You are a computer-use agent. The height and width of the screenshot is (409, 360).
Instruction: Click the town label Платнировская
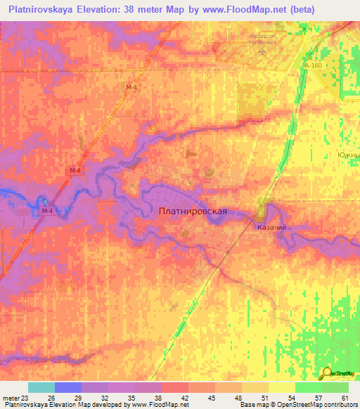[192, 210]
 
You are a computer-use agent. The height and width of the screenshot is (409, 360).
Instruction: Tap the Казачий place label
[271, 228]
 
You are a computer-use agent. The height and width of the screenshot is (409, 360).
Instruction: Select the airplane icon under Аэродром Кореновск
[263, 51]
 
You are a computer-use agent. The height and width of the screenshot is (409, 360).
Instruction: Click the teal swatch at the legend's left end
[41, 387]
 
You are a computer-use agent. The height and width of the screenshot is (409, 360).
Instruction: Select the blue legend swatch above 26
[67, 387]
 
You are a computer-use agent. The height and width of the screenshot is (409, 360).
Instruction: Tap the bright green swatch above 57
[308, 387]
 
